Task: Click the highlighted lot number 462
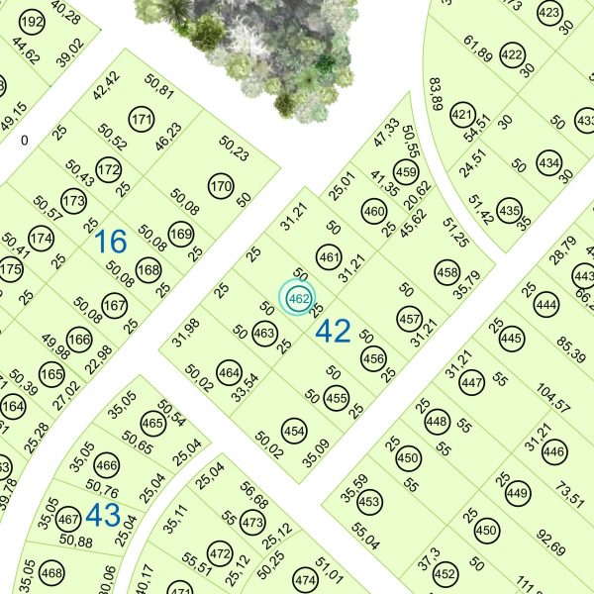coord(297,298)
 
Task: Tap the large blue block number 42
coord(333,332)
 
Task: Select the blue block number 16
coord(112,241)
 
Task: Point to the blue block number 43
coord(103,514)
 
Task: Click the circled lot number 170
coord(221,185)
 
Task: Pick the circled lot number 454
coord(294,432)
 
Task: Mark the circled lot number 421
coord(462,116)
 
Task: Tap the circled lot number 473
coord(253,522)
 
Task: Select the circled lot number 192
coord(33,22)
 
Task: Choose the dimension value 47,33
coord(387,133)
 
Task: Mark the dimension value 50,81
coord(159,95)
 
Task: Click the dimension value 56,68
coord(253,497)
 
